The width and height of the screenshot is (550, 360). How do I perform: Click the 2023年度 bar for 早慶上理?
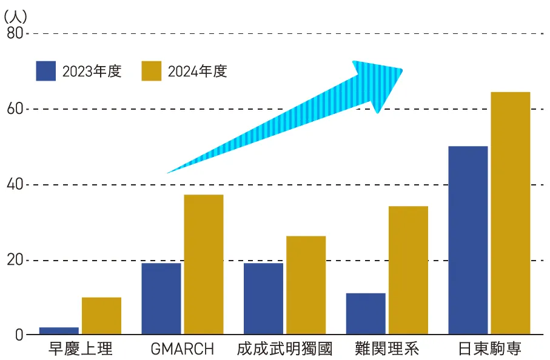pos(59,331)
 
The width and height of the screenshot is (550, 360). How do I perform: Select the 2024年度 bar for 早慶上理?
pos(101,316)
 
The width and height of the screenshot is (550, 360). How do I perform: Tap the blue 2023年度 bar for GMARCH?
pos(161,298)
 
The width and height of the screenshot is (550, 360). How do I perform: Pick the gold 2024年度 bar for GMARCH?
pos(203,264)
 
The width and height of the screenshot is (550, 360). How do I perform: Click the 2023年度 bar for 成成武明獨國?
pos(263,298)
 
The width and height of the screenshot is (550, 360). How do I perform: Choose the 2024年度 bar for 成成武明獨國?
pos(306,285)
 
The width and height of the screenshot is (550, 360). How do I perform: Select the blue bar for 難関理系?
pos(366,313)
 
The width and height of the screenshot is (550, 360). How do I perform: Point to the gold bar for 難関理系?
pos(408,270)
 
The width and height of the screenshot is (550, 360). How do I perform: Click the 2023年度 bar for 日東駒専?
pos(468,240)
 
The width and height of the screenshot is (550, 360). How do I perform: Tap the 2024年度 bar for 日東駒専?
pos(511,213)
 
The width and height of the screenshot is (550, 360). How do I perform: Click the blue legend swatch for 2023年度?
pos(46,71)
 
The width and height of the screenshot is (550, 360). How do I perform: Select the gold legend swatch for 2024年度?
pos(152,71)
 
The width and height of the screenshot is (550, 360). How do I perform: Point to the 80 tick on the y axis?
pos(15,33)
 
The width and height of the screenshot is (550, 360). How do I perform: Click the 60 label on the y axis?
pos(15,109)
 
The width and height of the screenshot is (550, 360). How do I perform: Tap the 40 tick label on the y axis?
pos(15,185)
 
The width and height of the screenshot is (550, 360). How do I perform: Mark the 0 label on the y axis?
pos(19,335)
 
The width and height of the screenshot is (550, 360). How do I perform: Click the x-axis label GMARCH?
pos(182,350)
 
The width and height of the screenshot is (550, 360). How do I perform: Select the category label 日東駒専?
pos(489,350)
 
